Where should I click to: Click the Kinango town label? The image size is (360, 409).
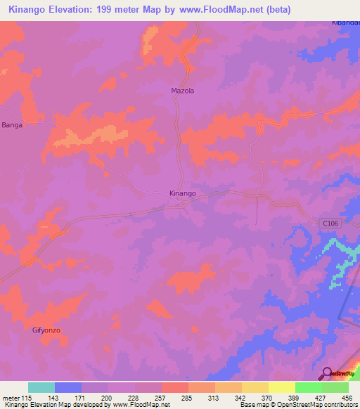[x=182, y=193]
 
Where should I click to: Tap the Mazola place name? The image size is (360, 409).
[x=182, y=91]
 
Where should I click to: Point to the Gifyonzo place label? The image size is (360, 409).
[x=47, y=330]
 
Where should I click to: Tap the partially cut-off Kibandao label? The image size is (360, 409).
[x=345, y=23]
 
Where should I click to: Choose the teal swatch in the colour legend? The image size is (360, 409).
[x=41, y=387]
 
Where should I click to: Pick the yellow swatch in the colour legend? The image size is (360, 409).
[x=282, y=387]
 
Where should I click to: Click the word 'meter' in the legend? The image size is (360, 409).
[x=10, y=397]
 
